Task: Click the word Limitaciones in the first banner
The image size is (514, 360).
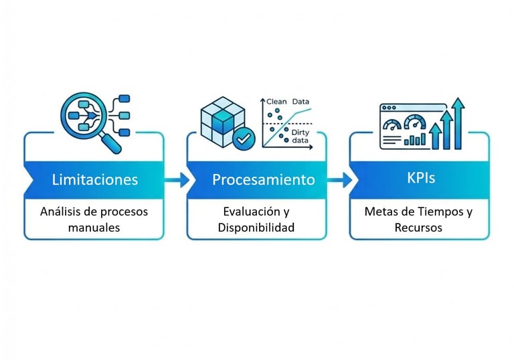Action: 94,179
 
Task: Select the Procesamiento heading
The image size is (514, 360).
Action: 263,179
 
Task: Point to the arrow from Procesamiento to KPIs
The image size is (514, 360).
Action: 341,179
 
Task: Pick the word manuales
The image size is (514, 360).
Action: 94,228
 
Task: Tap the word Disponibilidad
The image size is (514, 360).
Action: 256,228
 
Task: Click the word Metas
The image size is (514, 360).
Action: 379,211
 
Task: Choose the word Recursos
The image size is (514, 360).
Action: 420,228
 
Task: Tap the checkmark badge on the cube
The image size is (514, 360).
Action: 243,139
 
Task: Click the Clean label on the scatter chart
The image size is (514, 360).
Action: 276,102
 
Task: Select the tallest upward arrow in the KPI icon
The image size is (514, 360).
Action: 458,124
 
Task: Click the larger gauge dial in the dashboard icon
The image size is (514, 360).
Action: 415,123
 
